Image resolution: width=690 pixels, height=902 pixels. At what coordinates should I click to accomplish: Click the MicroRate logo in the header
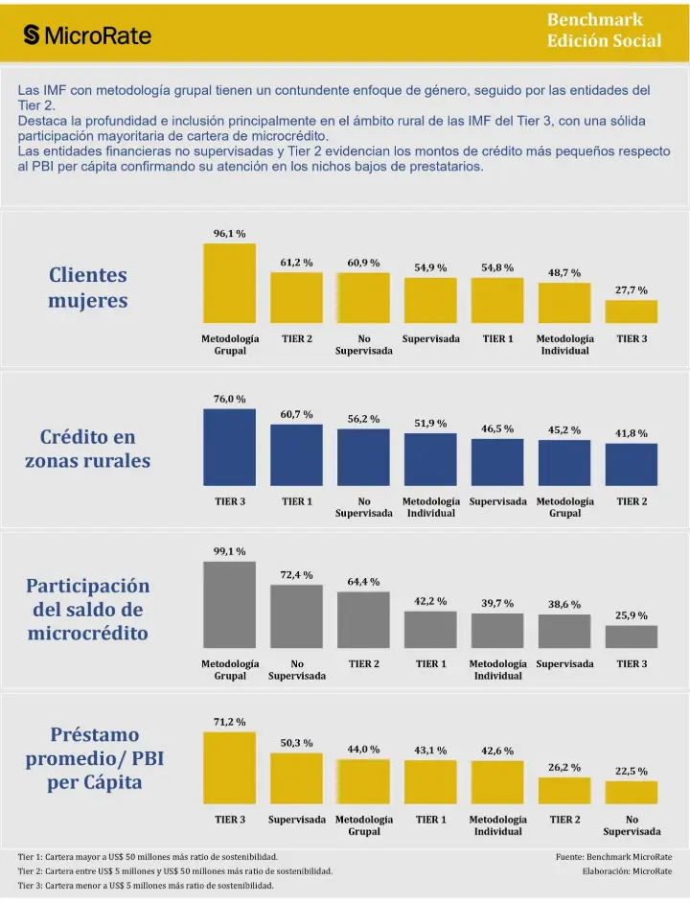[x=87, y=35]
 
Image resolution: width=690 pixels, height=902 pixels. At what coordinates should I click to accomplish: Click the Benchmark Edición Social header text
[x=604, y=30]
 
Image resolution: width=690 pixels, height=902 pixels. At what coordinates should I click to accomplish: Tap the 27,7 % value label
[x=631, y=289]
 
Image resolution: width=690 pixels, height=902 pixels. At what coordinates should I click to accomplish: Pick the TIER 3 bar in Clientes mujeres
[x=631, y=312]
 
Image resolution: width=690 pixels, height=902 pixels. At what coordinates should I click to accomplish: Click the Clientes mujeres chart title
[x=88, y=288]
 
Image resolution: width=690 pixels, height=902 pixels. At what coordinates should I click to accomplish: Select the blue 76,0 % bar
[x=229, y=448]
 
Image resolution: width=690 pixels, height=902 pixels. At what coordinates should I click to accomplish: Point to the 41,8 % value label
[x=631, y=433]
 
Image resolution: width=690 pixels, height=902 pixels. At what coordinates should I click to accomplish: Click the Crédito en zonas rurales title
[x=88, y=449]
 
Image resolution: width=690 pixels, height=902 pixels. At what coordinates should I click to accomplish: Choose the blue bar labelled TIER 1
[x=296, y=455]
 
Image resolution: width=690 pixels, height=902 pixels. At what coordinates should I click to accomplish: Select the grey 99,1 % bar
[x=229, y=605]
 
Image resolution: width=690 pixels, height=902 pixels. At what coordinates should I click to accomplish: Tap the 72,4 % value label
[x=296, y=574]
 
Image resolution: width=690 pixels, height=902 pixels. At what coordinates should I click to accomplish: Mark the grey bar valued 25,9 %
[x=631, y=636]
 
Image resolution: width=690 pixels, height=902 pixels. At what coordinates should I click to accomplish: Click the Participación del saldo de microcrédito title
[x=88, y=610]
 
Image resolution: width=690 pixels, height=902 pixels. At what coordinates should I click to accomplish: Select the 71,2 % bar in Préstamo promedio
[x=229, y=768]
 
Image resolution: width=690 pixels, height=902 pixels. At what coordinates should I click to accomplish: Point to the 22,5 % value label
[x=631, y=771]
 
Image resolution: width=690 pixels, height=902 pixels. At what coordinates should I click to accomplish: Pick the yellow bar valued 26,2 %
[x=564, y=790]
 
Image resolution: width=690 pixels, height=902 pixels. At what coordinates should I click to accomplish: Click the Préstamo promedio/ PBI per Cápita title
[x=88, y=758]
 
